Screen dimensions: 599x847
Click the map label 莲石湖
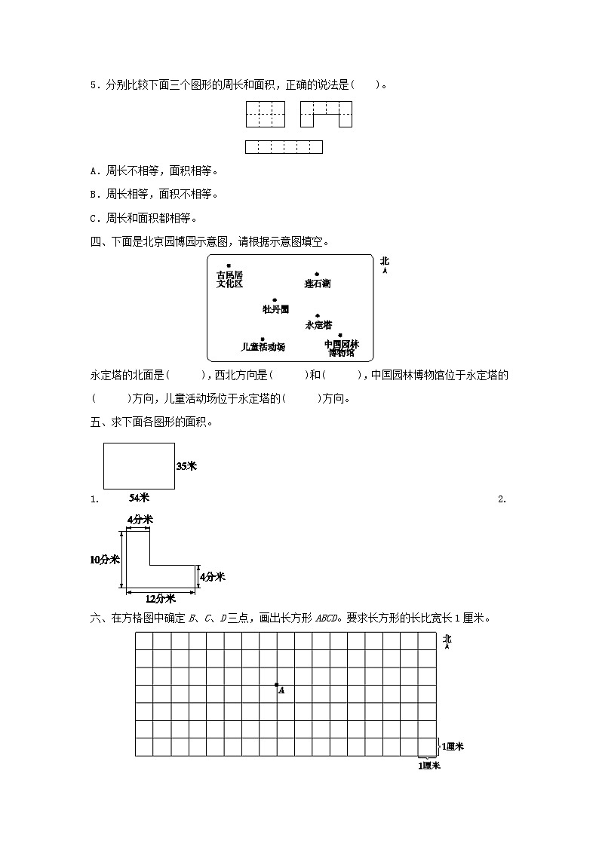click(x=317, y=284)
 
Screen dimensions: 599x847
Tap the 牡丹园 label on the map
click(x=275, y=308)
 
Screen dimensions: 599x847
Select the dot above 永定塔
click(x=318, y=315)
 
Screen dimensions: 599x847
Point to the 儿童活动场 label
click(x=263, y=347)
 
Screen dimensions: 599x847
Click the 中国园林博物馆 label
click(x=341, y=348)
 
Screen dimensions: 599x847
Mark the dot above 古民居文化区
click(x=229, y=265)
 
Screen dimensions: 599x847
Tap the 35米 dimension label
click(x=186, y=466)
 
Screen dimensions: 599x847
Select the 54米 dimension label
click(x=139, y=498)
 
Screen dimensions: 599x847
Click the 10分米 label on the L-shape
click(x=104, y=559)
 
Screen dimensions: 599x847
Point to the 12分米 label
click(x=160, y=598)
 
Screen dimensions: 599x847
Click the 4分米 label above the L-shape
click(x=140, y=520)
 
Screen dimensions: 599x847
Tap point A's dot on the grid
click(x=277, y=685)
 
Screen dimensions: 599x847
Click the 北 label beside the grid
click(x=447, y=640)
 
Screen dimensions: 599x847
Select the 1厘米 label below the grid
click(x=429, y=766)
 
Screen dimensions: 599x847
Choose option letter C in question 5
click(x=94, y=219)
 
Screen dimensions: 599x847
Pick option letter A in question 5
click(x=94, y=170)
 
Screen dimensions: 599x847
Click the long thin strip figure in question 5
click(x=284, y=147)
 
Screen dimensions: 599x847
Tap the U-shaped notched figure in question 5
click(x=326, y=115)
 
